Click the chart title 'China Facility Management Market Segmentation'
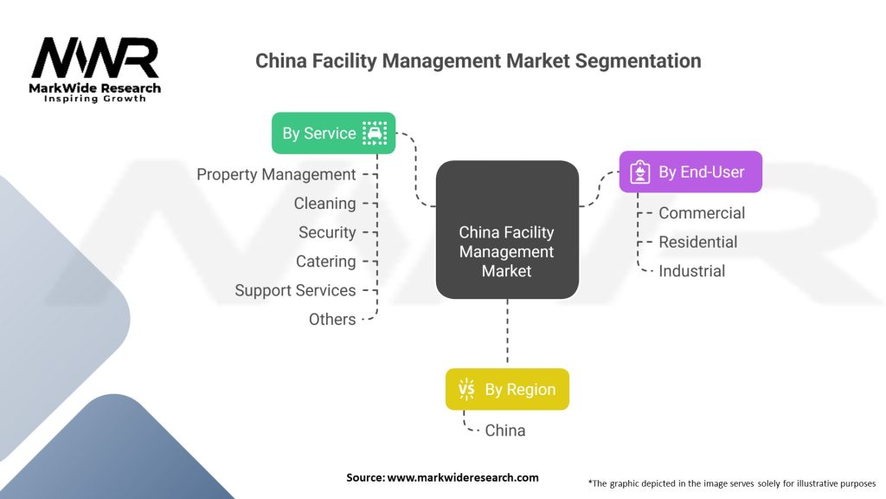tap(478, 61)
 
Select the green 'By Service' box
tap(333, 133)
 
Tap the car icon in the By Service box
tap(375, 133)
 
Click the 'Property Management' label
tap(276, 174)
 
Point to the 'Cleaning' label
tap(324, 204)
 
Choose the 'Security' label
tap(327, 232)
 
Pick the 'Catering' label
tap(326, 262)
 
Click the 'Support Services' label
tap(295, 290)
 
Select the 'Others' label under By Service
tap(332, 320)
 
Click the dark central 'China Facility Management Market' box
tap(506, 230)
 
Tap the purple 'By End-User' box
tap(690, 172)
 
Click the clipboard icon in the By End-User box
tap(639, 172)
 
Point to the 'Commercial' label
tap(701, 213)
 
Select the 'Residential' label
tap(697, 242)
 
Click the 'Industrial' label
tap(691, 271)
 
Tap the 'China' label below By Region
tap(504, 430)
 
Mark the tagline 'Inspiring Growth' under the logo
tap(95, 99)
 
